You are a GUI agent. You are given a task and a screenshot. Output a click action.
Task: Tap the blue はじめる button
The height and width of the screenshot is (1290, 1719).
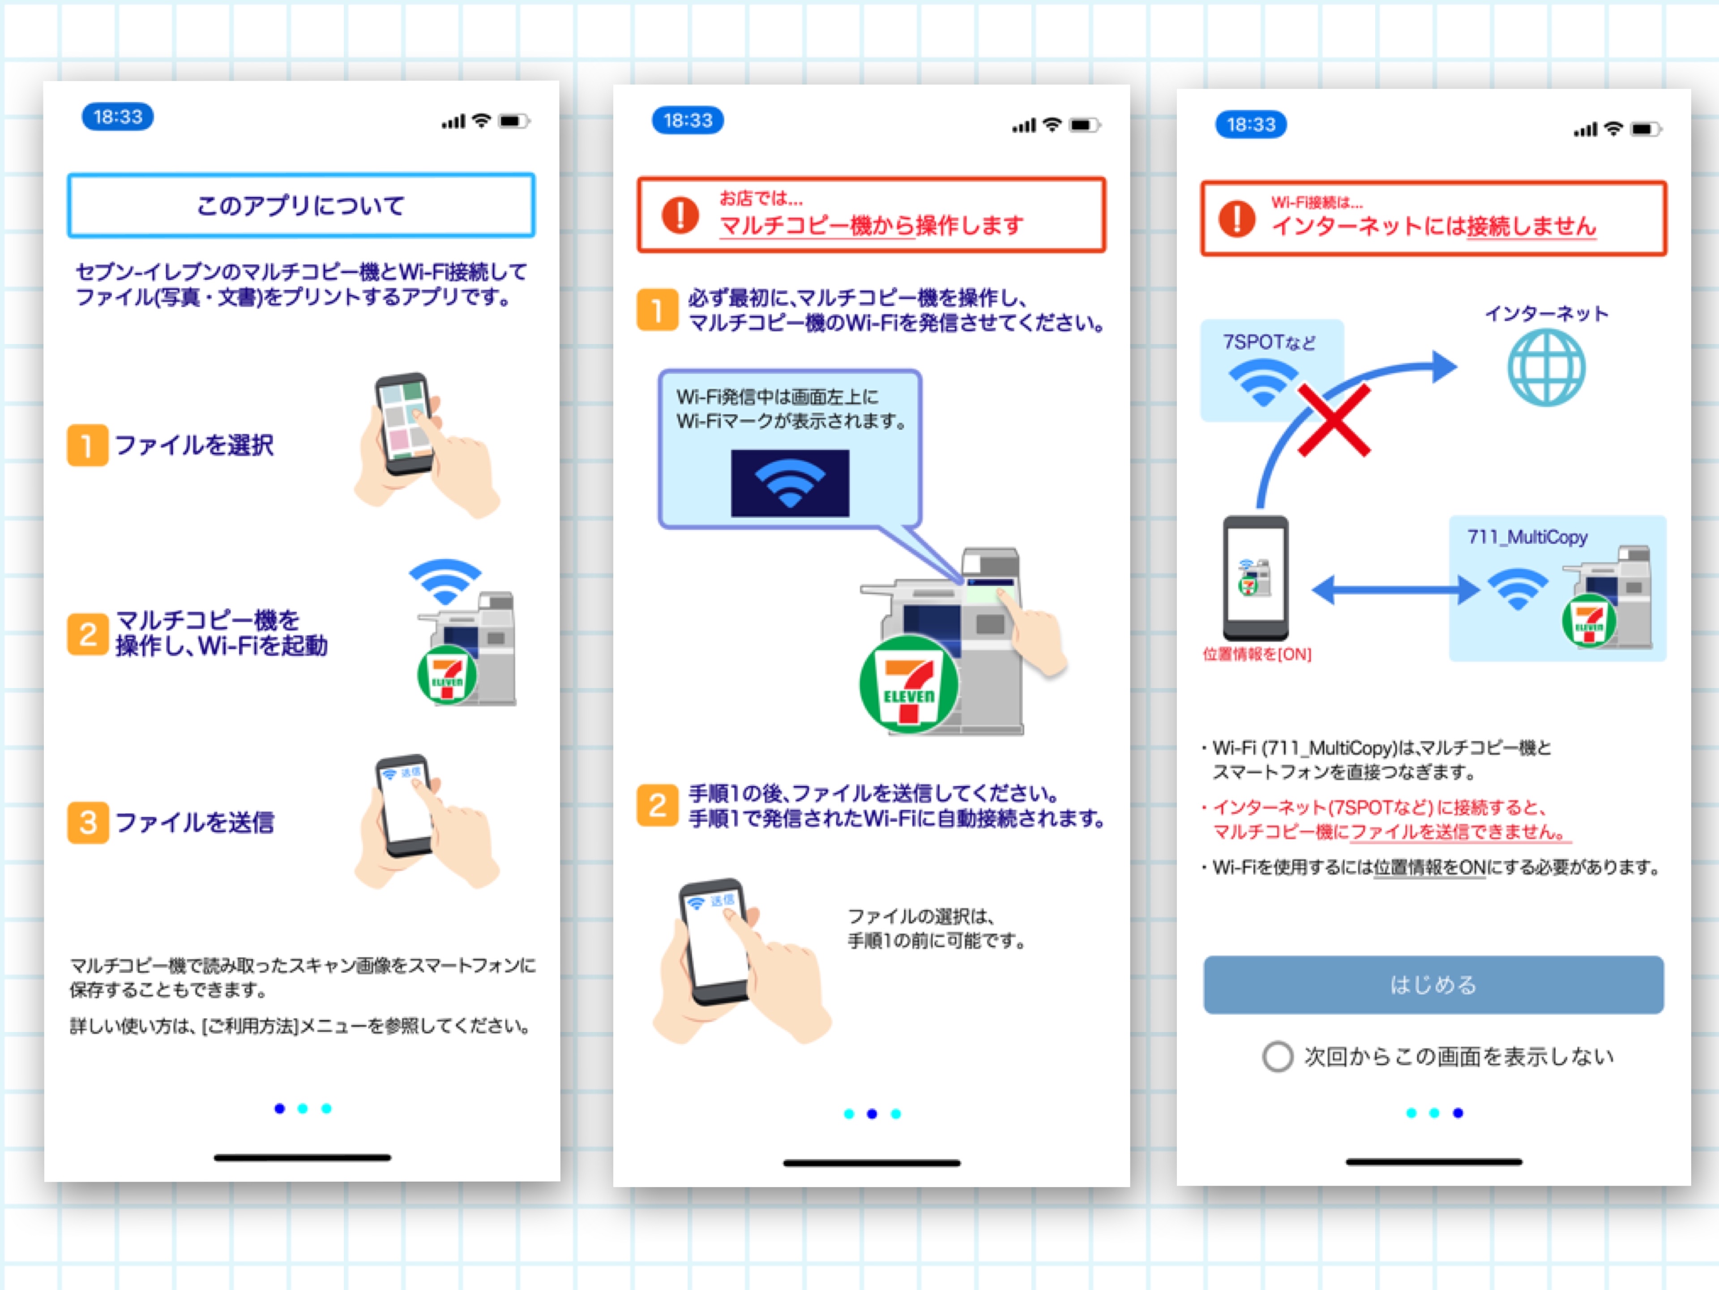point(1433,985)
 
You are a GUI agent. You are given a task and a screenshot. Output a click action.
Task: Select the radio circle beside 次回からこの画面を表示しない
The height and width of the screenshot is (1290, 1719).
point(1278,1057)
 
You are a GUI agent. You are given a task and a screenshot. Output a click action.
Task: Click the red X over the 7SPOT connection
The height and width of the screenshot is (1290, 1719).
point(1334,421)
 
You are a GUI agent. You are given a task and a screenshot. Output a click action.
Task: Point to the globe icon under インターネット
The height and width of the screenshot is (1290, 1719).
point(1547,367)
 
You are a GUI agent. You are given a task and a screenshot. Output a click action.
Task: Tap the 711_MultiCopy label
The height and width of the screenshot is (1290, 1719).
point(1527,537)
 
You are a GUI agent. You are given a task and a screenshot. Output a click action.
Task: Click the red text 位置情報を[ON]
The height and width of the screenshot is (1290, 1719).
point(1257,654)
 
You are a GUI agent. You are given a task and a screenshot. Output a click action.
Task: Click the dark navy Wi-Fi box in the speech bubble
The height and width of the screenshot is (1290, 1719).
point(790,483)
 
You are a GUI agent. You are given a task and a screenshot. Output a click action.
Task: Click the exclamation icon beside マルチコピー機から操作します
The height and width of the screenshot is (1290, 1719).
point(680,215)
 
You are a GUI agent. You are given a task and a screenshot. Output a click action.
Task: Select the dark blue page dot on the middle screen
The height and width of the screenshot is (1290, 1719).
point(872,1114)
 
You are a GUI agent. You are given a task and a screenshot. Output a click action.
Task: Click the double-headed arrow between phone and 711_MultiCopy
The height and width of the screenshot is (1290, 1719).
point(1395,589)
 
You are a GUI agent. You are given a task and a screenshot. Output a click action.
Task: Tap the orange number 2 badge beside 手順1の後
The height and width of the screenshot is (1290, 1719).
point(658,805)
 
